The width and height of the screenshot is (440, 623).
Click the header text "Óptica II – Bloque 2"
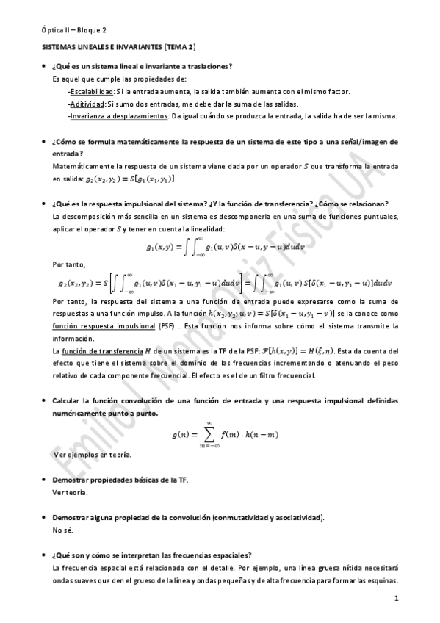tap(73, 30)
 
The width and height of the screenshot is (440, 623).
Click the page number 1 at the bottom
tap(396, 600)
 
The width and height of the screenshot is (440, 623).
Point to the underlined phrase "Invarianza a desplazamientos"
tap(119, 115)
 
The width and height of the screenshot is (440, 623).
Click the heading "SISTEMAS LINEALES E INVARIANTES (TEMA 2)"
tap(118, 46)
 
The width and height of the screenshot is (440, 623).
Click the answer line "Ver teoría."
tap(71, 492)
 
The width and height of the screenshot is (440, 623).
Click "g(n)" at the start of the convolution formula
tap(181, 435)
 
